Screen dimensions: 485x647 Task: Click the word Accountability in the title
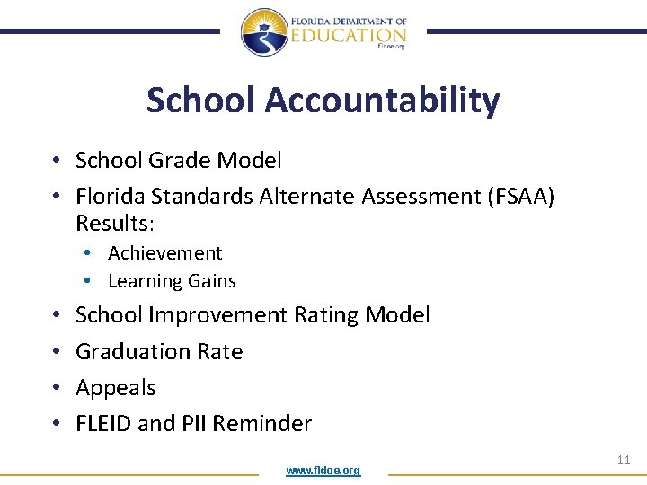[x=382, y=101]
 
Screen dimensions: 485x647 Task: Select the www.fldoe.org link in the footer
[x=323, y=471]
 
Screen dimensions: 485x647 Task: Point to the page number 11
[x=624, y=460]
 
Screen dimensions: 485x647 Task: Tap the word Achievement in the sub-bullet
[x=164, y=253]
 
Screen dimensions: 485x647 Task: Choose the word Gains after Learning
[x=211, y=281]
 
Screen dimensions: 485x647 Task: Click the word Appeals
[x=116, y=388]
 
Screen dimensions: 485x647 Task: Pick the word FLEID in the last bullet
[x=103, y=424]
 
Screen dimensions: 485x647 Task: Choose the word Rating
[x=330, y=315]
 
